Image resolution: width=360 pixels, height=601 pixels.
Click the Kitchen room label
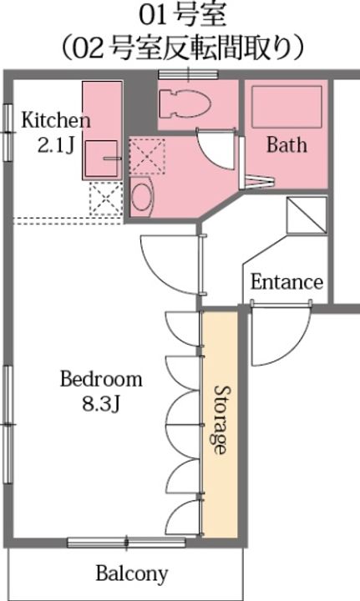(x=56, y=120)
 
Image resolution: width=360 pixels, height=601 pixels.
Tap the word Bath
(x=286, y=144)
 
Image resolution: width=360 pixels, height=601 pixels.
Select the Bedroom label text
(x=101, y=379)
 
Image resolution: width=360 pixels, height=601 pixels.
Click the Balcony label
(x=132, y=573)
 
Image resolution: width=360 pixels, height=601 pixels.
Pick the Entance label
(x=286, y=282)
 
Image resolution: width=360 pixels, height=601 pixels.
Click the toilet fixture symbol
(x=185, y=104)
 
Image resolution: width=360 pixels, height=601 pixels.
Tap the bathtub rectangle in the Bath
(x=286, y=107)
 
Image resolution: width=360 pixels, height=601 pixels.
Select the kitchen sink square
(x=101, y=159)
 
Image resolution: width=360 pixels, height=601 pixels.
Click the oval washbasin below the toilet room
(x=141, y=197)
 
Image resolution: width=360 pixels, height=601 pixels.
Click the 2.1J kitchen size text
(x=56, y=145)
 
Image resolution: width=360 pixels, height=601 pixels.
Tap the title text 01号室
(x=182, y=16)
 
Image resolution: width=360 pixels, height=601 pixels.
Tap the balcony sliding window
(x=126, y=543)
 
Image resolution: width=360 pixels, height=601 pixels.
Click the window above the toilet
(x=188, y=74)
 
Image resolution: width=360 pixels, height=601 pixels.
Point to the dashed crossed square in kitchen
(x=104, y=199)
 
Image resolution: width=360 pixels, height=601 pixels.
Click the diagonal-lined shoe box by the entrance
(x=307, y=215)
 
